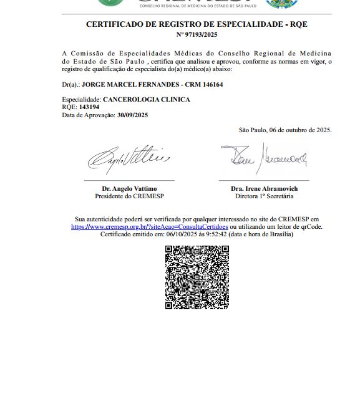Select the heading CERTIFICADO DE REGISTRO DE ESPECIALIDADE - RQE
pyautogui.click(x=197, y=24)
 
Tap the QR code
pyautogui.click(x=197, y=277)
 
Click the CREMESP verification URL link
pyautogui.click(x=149, y=227)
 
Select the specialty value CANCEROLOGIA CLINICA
pyautogui.click(x=146, y=100)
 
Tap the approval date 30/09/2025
pyautogui.click(x=132, y=115)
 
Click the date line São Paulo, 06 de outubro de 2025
pyautogui.click(x=285, y=130)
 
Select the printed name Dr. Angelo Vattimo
pyautogui.click(x=129, y=188)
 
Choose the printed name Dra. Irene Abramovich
pyautogui.click(x=264, y=188)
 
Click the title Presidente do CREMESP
pyautogui.click(x=129, y=196)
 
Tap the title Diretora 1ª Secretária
pyautogui.click(x=264, y=196)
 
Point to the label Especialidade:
pyautogui.click(x=81, y=100)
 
